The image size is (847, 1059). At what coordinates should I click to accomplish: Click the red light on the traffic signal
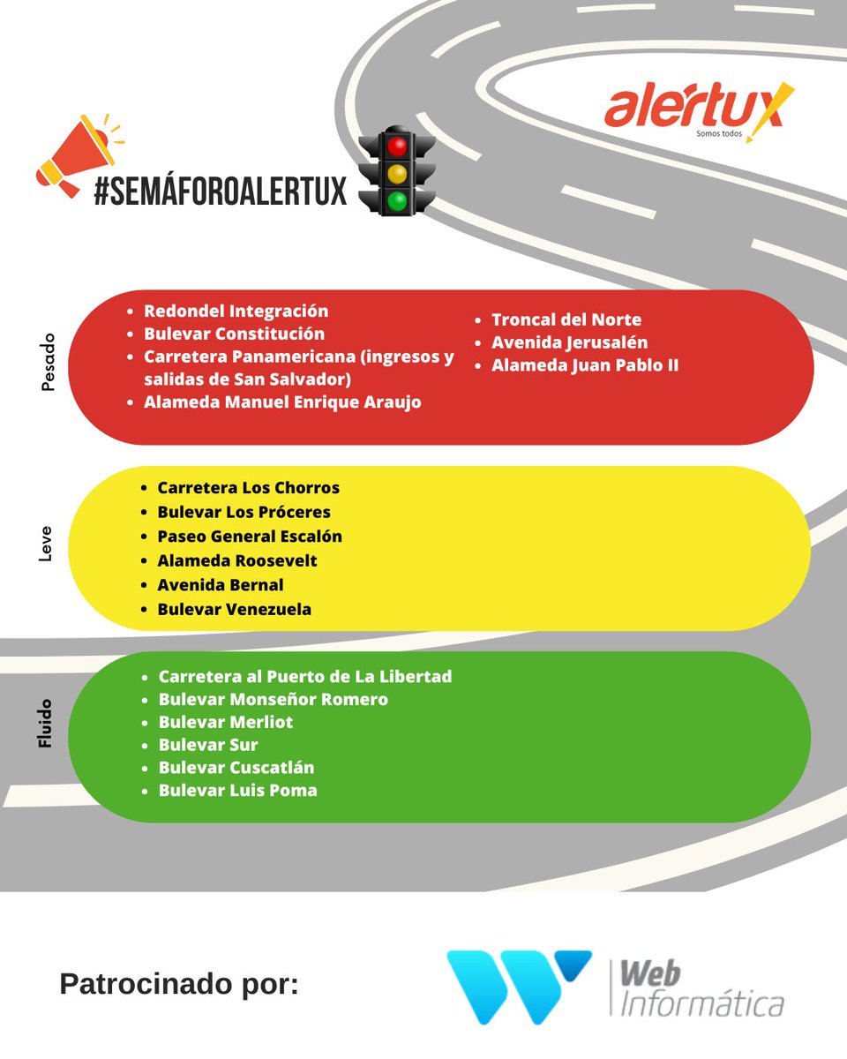(x=397, y=146)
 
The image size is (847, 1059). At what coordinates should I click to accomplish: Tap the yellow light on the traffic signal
(x=397, y=174)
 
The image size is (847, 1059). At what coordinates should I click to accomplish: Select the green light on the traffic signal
(x=397, y=201)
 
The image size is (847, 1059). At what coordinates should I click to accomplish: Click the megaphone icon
(x=79, y=155)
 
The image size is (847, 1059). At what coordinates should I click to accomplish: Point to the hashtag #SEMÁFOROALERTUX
(x=221, y=191)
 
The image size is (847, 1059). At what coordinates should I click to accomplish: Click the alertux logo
(x=699, y=111)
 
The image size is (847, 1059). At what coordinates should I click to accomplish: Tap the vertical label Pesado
(x=48, y=362)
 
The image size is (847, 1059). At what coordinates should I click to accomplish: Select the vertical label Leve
(x=45, y=544)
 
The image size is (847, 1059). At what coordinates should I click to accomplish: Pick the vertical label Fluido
(x=45, y=724)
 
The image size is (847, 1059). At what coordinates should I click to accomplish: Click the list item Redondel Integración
(x=236, y=312)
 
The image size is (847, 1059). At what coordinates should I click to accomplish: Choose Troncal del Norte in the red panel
(x=566, y=319)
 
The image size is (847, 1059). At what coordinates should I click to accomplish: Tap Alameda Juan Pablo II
(x=585, y=365)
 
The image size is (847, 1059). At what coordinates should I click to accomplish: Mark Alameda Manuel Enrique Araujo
(x=282, y=402)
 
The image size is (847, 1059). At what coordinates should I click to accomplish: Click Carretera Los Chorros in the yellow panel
(x=248, y=488)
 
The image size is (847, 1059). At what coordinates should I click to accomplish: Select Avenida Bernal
(x=220, y=585)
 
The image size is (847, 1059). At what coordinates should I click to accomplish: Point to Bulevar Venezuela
(x=234, y=609)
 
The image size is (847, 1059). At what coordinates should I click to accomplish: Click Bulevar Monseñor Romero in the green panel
(x=274, y=699)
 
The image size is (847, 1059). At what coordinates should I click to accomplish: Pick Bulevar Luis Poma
(x=237, y=791)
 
